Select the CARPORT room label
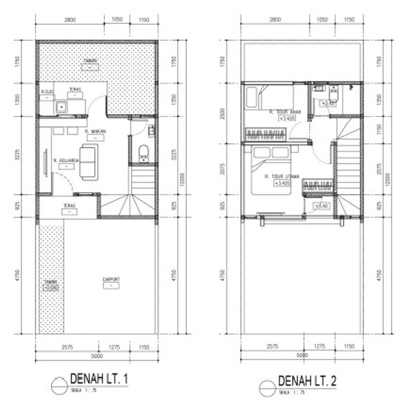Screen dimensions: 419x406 click(x=111, y=279)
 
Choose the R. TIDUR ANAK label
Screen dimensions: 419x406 click(x=285, y=112)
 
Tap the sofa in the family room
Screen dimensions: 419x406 click(x=88, y=162)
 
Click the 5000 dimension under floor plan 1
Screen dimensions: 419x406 click(x=97, y=356)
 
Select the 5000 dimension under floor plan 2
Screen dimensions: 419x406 click(x=302, y=356)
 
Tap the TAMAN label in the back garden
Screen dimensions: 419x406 click(x=90, y=61)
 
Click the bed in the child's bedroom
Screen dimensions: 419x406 click(x=270, y=98)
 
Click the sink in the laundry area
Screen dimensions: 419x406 click(x=61, y=106)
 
